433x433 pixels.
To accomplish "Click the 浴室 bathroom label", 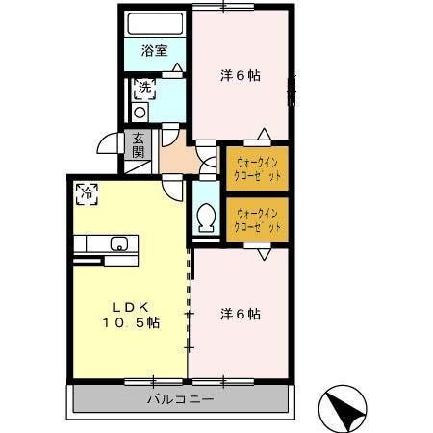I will click(154, 51).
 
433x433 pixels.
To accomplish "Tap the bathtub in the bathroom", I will click(156, 24).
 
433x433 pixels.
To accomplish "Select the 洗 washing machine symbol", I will click(143, 89).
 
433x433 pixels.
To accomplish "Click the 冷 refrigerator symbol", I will click(87, 191).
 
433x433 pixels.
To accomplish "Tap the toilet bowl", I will click(205, 220).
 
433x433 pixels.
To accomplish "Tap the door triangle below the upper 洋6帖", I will click(263, 133).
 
